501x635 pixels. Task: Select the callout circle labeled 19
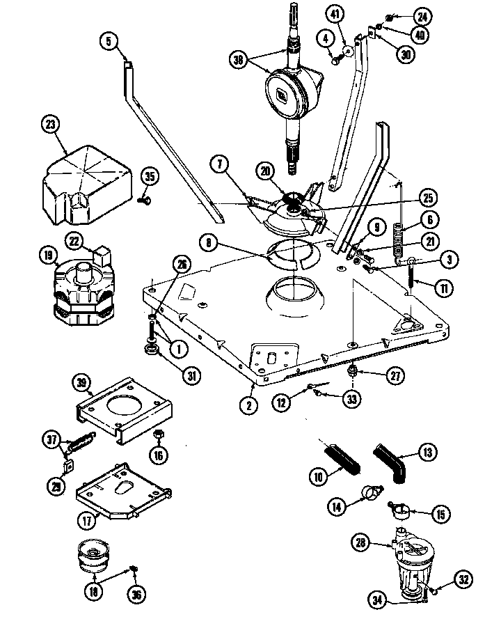pyautogui.click(x=48, y=256)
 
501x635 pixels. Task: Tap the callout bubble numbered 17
pyautogui.click(x=85, y=518)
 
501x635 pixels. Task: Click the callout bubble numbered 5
pyautogui.click(x=109, y=41)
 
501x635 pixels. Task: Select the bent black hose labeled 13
pyautogui.click(x=391, y=462)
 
